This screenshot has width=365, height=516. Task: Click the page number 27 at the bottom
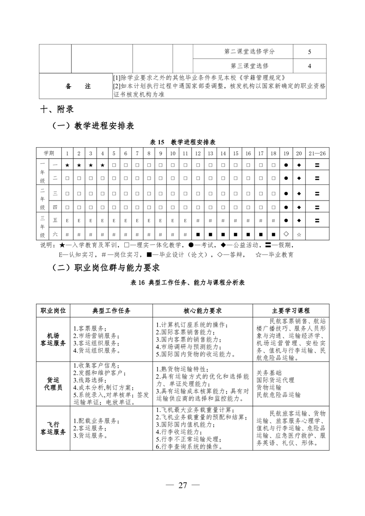[183, 486]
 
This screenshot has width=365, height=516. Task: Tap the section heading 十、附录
[58, 109]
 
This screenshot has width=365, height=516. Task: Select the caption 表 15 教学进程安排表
[183, 142]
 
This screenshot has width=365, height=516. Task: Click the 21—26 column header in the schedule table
[317, 153]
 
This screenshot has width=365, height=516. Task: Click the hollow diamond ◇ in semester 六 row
[286, 234]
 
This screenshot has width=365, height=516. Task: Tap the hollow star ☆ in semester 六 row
[298, 234]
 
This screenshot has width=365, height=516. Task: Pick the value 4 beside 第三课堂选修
[309, 66]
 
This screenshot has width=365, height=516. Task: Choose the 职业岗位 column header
[53, 311]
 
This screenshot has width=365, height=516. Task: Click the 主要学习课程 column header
[291, 311]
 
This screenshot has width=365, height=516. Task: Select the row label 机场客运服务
[53, 339]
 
